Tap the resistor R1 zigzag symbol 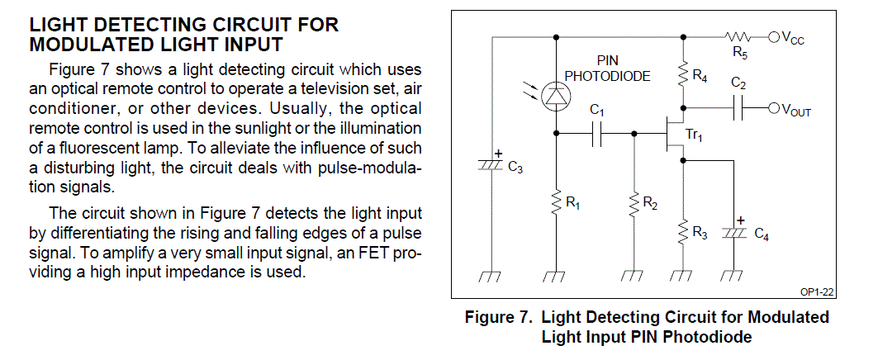556,201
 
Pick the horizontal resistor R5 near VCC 737,36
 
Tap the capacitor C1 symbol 597,132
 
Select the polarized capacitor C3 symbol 493,166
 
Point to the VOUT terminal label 795,110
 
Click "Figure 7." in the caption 498,317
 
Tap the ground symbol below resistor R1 556,277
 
